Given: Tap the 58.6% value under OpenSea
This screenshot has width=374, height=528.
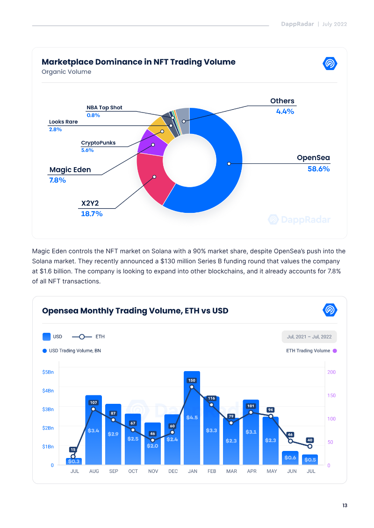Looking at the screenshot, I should coord(318,169).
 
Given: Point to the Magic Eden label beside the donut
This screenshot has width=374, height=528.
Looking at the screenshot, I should coord(70,170).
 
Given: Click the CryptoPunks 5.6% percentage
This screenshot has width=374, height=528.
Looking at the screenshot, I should coord(87,150).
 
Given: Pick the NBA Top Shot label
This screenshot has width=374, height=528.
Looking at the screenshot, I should coord(104,107).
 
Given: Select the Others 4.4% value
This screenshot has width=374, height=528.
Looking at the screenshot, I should coord(285,112).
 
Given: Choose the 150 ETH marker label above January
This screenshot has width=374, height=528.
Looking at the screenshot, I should coord(192,380).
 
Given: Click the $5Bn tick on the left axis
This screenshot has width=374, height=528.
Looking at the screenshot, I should coord(48,372).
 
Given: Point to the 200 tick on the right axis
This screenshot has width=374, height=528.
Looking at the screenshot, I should coord(331,372).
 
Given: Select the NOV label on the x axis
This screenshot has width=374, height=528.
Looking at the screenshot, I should coord(153,471).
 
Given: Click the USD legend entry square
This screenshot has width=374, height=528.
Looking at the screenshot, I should coord(46,337).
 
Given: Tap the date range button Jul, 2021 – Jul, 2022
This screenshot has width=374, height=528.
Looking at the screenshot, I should coord(309,337).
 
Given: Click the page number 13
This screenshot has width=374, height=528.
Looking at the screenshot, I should coord(345,506).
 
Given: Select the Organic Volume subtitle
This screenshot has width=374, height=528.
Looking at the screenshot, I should coord(66,72).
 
